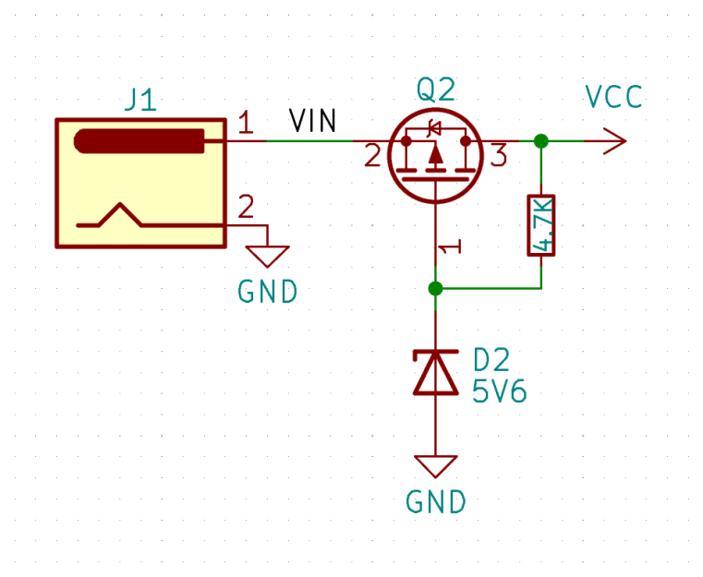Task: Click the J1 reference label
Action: [141, 100]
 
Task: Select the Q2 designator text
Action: [435, 90]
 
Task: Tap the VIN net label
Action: [313, 121]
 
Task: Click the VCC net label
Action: [613, 97]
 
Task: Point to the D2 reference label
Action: [491, 359]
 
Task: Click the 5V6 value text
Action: [499, 391]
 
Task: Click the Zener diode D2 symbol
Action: [436, 373]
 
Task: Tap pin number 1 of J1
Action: [245, 123]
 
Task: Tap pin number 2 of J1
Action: [245, 206]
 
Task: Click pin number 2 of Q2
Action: [372, 156]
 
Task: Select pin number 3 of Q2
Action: [499, 156]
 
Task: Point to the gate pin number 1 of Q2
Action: [449, 247]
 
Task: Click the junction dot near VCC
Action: [541, 141]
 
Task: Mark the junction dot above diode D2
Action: [436, 288]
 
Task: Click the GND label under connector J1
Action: [268, 292]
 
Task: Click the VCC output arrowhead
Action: [615, 141]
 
